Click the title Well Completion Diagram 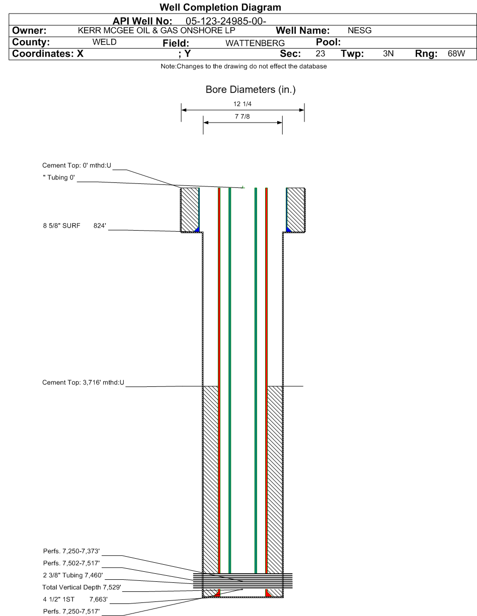click(220, 7)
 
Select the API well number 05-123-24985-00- click(226, 21)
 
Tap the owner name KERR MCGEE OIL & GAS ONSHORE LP click(156, 30)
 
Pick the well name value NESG click(360, 30)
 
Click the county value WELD click(105, 42)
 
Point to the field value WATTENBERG click(255, 43)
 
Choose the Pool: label click(328, 42)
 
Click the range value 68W click(456, 53)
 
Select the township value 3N click(388, 53)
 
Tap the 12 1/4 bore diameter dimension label click(243, 104)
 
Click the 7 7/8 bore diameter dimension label click(243, 117)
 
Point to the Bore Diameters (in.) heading click(251, 89)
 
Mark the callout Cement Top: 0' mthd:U click(76, 165)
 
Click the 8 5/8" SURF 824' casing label click(74, 226)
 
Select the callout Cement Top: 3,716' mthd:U click(83, 382)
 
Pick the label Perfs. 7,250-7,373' click(71, 551)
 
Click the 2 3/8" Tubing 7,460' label click(73, 575)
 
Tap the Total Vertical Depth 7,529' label click(82, 587)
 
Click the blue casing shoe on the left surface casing click(197, 230)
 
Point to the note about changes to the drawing click(244, 66)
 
